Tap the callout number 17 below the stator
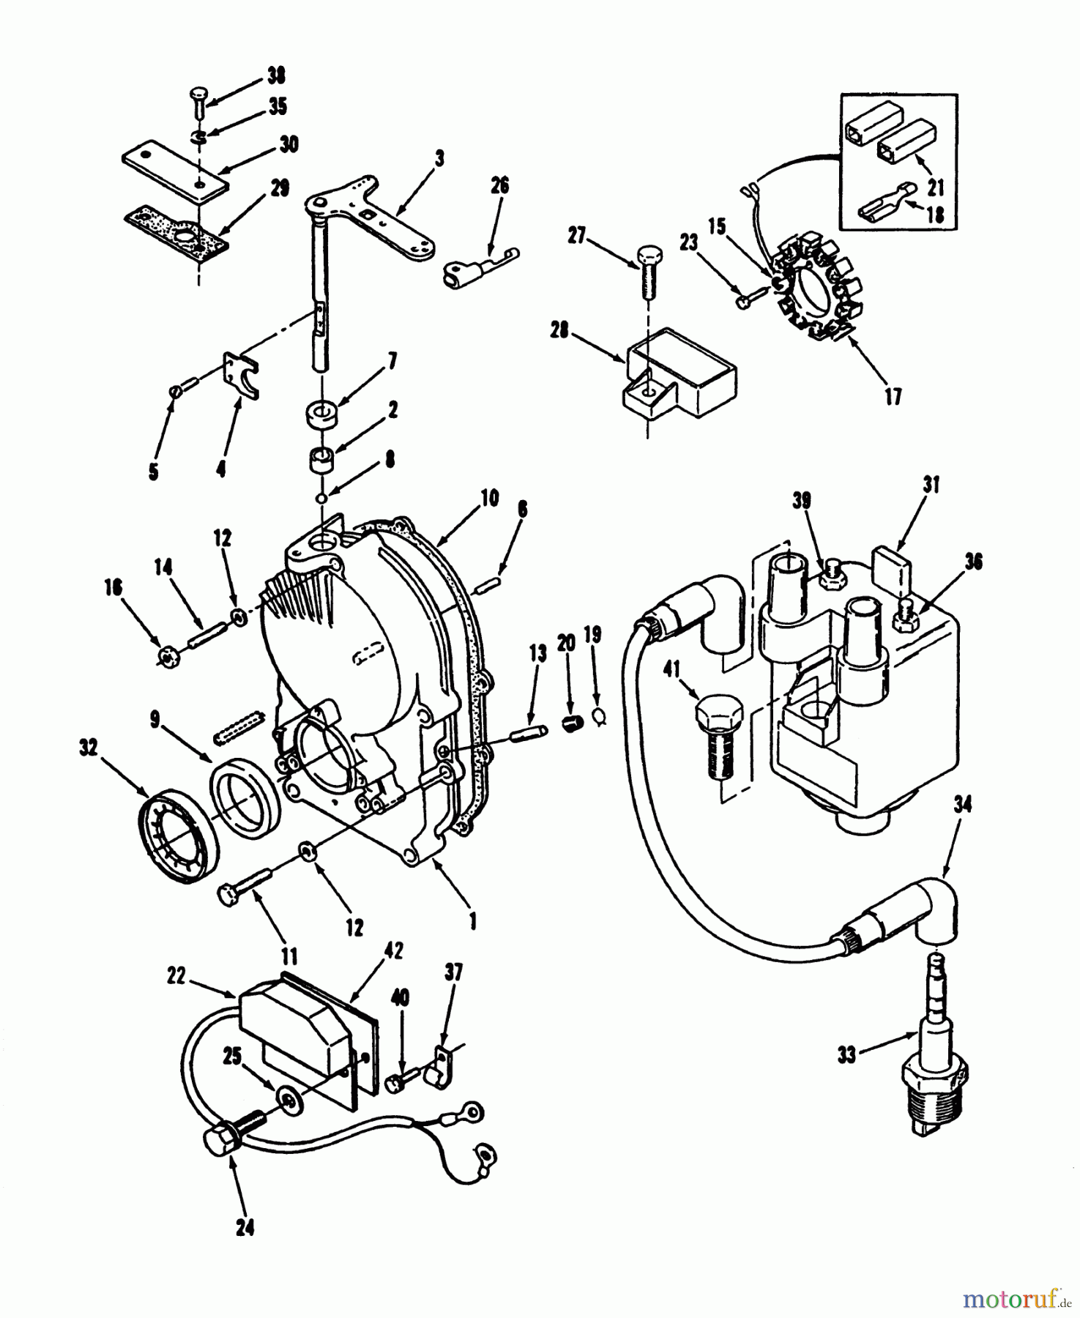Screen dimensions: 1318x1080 point(893,397)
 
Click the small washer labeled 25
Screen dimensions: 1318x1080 point(291,1096)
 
